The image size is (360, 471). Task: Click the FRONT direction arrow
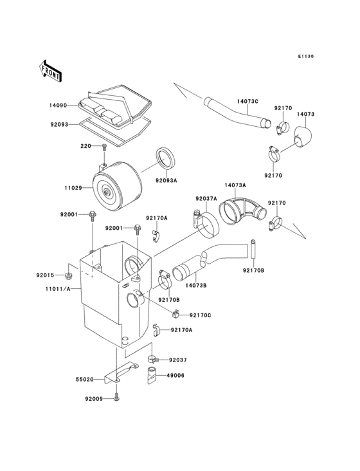51,70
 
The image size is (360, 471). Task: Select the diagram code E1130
305,57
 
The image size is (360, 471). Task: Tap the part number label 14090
59,105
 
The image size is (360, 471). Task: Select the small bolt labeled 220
104,149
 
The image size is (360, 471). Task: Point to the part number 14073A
235,185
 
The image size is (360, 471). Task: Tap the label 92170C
200,315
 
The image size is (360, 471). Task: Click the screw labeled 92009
116,399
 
